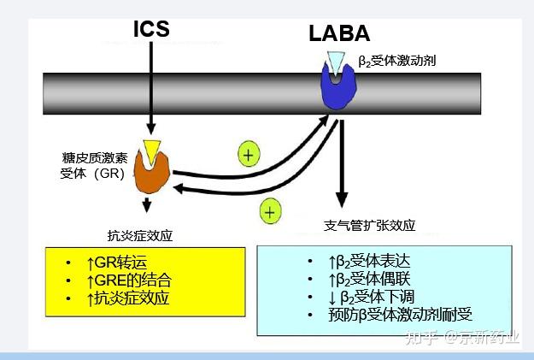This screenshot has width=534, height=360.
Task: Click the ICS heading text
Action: (150, 28)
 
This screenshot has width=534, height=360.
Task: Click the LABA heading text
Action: (339, 34)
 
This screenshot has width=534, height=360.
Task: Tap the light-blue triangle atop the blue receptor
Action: (338, 62)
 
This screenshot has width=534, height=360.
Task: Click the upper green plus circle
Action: (248, 155)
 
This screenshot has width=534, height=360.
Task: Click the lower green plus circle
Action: (271, 210)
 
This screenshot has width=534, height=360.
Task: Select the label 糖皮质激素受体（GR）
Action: (93, 166)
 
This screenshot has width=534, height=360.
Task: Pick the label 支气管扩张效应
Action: (370, 226)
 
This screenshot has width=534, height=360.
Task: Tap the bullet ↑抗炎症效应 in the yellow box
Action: (128, 298)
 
